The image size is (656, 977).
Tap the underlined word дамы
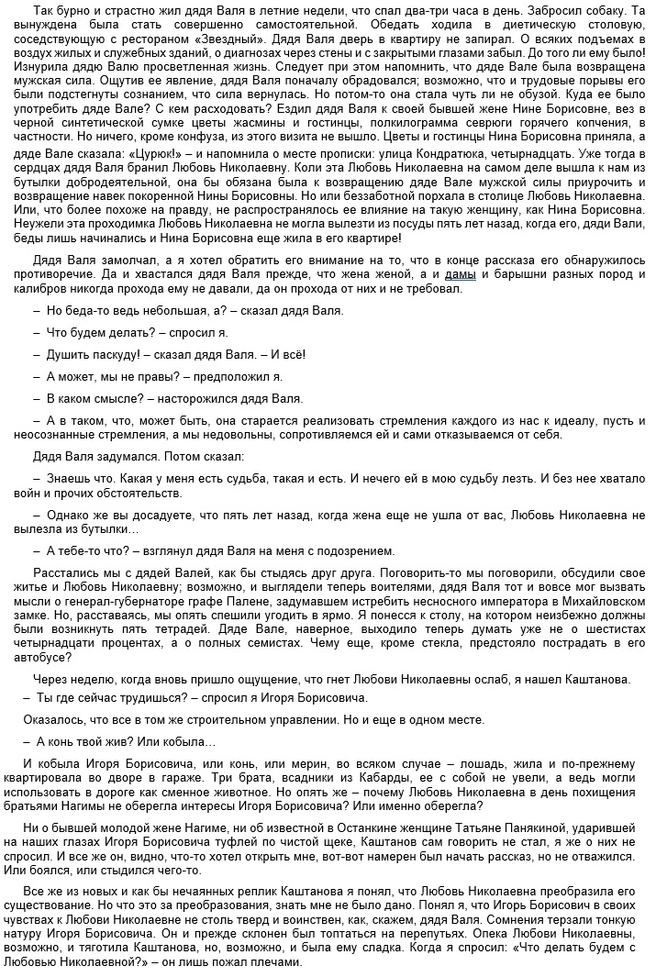[x=460, y=275]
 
